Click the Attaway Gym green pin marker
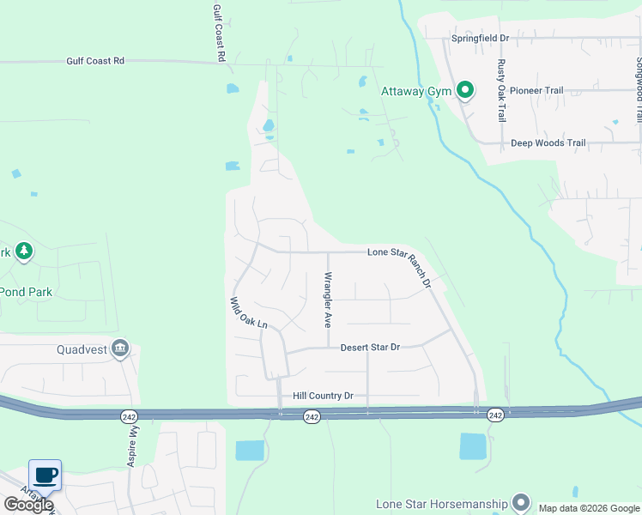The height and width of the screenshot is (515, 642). pos(464,89)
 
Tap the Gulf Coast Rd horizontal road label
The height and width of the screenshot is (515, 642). pos(95,61)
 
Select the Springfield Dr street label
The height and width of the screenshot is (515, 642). pos(481,39)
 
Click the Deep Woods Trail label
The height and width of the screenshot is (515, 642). pos(548,143)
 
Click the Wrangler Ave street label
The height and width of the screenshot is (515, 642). pos(327,300)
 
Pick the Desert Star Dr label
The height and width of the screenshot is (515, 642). pos(370,348)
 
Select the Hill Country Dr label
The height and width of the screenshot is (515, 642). pos(323,396)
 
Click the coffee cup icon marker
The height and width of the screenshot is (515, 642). pos(45,473)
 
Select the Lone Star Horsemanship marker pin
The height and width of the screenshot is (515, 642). pos(520,502)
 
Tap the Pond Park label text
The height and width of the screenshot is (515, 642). pos(26,292)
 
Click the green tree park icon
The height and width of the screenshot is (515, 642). pos(25,251)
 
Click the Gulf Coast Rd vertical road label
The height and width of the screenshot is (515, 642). pos(220,32)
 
